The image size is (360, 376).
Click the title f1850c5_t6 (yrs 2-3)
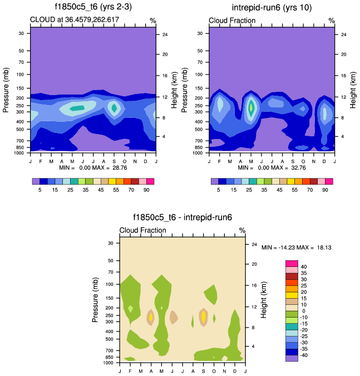tap(93, 7)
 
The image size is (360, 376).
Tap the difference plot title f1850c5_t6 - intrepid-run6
tap(182, 218)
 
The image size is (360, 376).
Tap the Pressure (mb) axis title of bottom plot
tap(95, 300)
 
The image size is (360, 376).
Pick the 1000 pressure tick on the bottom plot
tap(109, 363)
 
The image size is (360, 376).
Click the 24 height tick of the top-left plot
tap(165, 34)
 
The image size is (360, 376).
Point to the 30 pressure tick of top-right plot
tap(201, 33)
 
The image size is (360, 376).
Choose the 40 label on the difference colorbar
tap(304, 267)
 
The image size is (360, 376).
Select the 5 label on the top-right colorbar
tap(219, 190)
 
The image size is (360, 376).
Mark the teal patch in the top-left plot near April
tap(77, 108)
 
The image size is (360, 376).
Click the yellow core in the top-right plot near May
tap(251, 106)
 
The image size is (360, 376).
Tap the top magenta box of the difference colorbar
tap(292, 263)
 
